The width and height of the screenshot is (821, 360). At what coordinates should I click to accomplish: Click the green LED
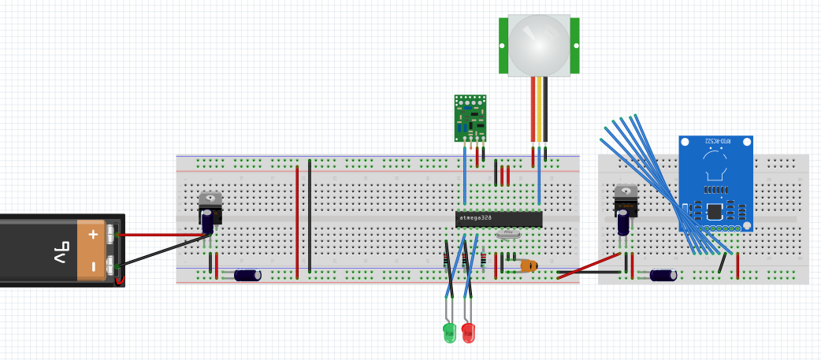point(450,332)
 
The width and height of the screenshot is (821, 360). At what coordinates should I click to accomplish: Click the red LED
point(468,332)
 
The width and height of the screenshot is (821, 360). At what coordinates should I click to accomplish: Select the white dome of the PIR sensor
point(539,44)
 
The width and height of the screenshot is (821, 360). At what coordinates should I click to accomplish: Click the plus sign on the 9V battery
point(93,234)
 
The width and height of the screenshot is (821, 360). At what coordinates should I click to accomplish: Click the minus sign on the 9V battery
point(93,267)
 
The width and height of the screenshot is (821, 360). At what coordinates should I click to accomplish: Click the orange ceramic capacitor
point(528,266)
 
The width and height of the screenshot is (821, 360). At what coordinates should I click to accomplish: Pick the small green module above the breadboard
point(470,117)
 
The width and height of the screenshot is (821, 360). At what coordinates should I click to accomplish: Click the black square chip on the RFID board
point(715,211)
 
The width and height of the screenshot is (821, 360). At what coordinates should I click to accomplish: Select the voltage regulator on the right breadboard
point(626,199)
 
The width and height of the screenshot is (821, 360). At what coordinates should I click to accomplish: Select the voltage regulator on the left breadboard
point(210,206)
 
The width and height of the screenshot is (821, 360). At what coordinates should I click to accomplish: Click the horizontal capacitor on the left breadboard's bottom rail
point(247,275)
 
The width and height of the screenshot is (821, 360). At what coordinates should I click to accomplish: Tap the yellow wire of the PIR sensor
point(539,110)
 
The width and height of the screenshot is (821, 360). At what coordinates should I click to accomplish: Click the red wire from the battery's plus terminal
point(158,235)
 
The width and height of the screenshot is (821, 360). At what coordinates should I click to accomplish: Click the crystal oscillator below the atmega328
point(509,233)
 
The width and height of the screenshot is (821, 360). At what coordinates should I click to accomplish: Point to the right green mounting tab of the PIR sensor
point(575,45)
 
